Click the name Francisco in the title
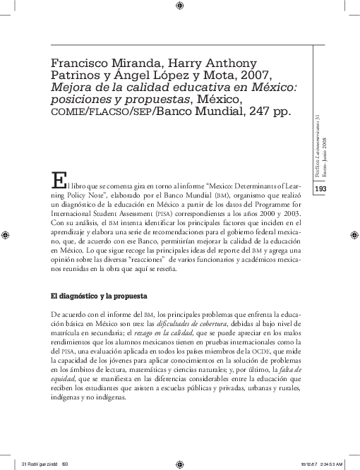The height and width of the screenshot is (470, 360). pyautogui.click(x=82, y=59)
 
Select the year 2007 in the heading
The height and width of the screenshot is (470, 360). pyautogui.click(x=256, y=73)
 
